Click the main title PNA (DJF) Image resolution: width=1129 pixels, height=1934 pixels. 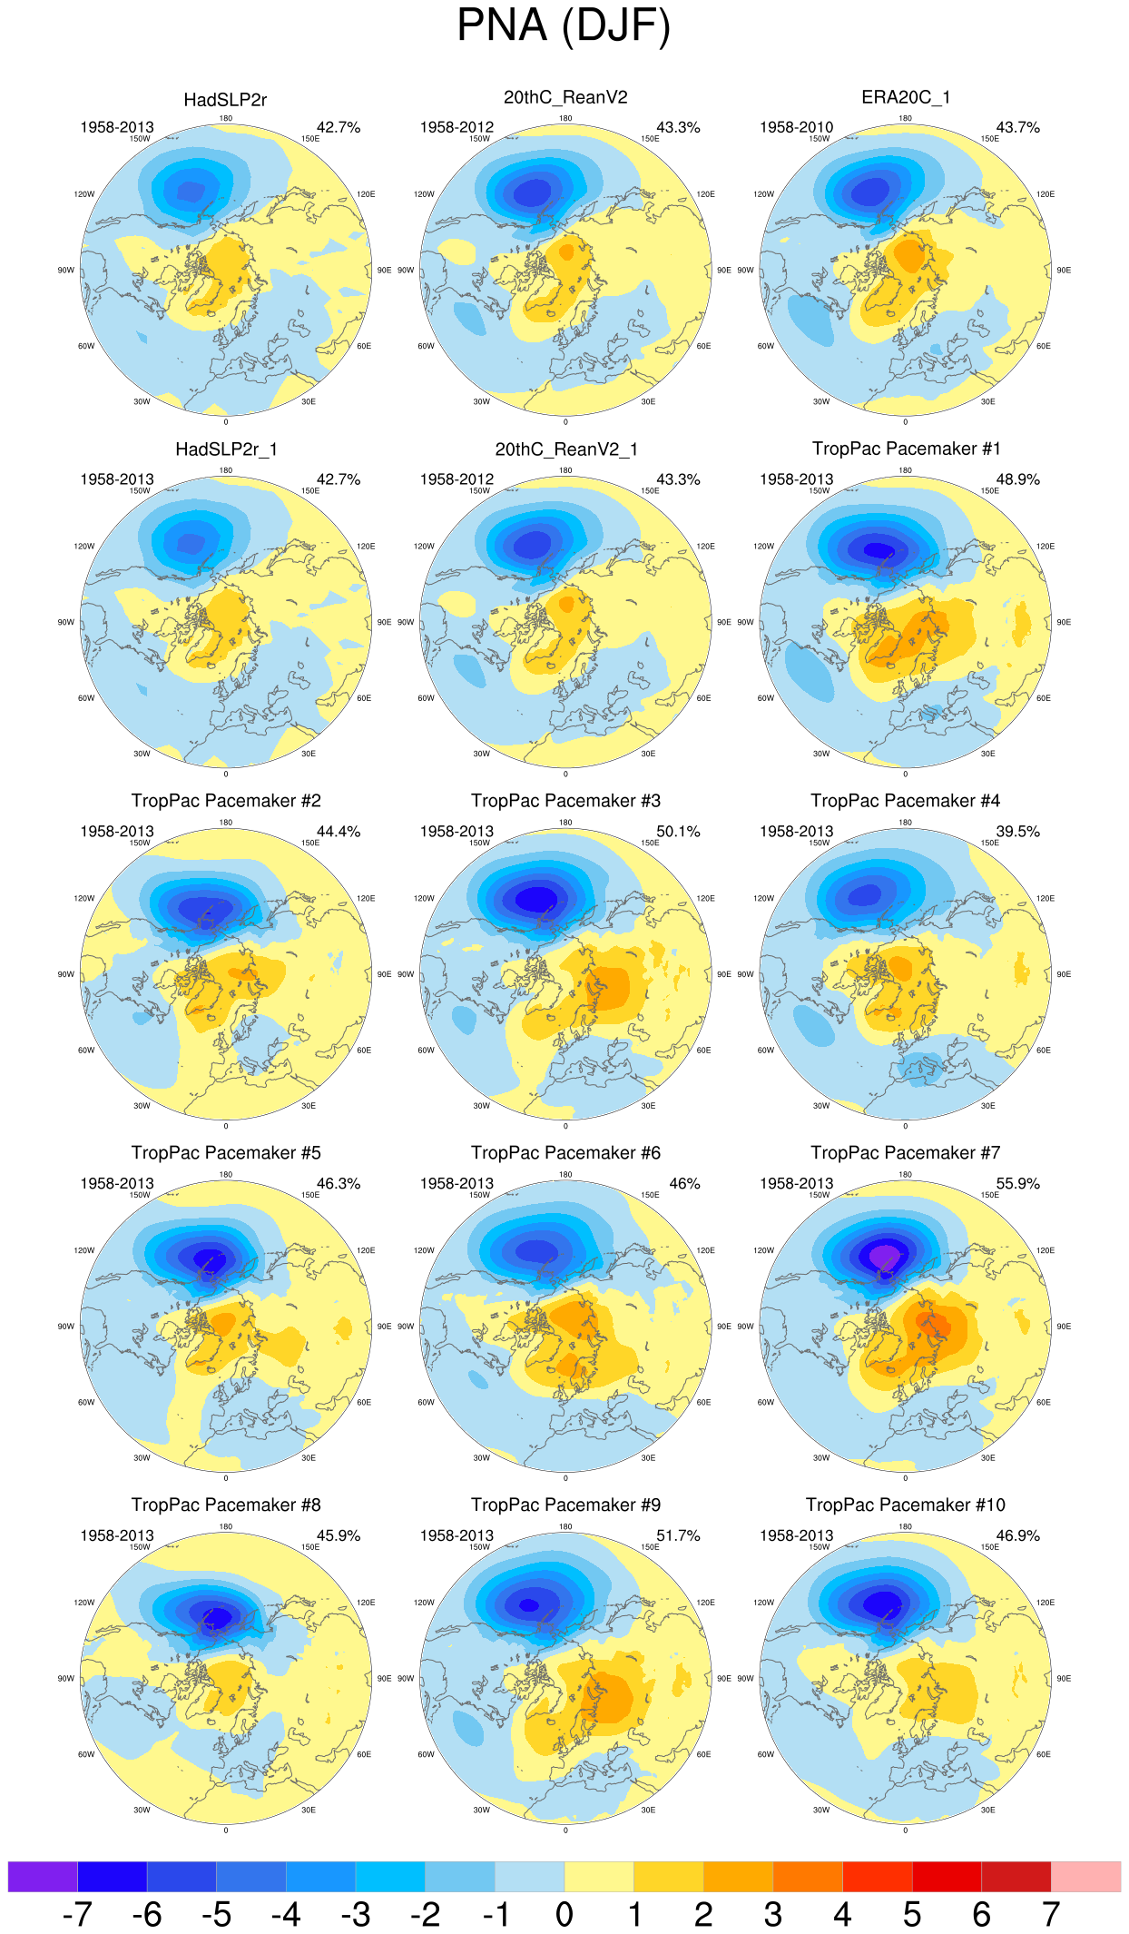564,25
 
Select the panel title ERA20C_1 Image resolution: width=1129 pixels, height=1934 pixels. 905,97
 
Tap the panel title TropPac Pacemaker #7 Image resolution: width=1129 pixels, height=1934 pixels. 905,1152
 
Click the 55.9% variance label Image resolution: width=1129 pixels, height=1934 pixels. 1017,1183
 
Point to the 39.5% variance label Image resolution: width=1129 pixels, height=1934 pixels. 1017,831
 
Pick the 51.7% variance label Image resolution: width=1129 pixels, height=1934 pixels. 678,1535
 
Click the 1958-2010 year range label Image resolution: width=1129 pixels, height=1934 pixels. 796,127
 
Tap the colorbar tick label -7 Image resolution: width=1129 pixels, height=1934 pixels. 77,1914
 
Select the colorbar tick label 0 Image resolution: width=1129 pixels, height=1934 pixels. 564,1914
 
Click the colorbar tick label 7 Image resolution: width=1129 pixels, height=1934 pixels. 1051,1914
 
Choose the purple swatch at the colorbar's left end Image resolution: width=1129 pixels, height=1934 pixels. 43,1876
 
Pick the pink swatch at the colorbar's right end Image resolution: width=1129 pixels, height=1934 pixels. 1085,1876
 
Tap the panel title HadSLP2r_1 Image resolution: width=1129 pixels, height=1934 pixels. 226,449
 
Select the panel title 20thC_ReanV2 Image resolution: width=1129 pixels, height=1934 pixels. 565,97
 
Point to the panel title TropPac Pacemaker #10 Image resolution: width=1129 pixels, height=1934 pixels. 905,1505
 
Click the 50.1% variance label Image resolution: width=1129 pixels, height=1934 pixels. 678,831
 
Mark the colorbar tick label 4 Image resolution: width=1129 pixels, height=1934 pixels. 842,1914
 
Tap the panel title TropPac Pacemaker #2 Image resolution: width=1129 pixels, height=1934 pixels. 226,800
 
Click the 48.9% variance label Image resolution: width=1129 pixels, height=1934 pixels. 1017,479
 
